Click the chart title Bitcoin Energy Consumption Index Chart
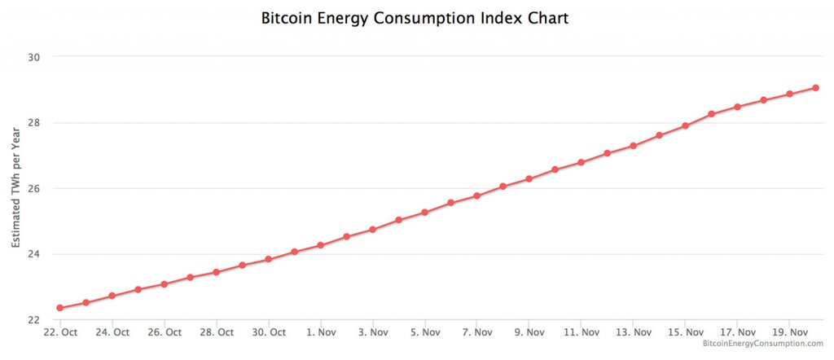tap(415, 18)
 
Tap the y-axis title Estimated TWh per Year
tap(16, 188)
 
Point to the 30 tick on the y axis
tap(36, 57)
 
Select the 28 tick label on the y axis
tap(36, 123)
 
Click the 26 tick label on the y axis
tap(36, 188)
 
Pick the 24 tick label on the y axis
tap(36, 254)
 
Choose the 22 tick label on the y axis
tap(36, 320)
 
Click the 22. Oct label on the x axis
tap(59, 332)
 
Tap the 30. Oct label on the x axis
tap(268, 332)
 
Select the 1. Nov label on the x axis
tap(320, 332)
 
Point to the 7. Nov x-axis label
tap(476, 332)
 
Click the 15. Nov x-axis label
tap(685, 332)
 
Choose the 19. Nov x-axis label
tap(789, 332)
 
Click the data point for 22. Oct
tap(59, 308)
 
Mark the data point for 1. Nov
tap(320, 245)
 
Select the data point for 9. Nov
tap(529, 178)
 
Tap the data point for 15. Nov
tap(685, 125)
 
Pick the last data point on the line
tap(815, 87)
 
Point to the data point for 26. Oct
tap(164, 284)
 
